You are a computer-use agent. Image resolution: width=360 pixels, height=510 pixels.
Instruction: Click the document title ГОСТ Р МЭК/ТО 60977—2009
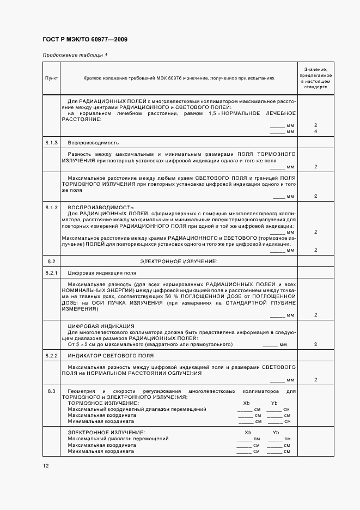[85, 40]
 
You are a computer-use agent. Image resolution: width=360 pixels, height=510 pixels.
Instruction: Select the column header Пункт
[51, 78]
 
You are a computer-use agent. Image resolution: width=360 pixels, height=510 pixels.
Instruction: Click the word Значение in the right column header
[315, 69]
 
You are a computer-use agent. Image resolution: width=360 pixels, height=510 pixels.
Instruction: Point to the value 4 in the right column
[315, 132]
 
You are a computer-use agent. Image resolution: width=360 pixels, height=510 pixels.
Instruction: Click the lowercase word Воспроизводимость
[93, 143]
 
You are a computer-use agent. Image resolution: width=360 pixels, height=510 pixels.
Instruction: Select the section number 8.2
[51, 262]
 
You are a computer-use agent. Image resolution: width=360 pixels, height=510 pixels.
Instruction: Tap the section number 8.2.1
[51, 272]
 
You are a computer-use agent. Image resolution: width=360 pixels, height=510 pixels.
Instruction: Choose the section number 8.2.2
[51, 355]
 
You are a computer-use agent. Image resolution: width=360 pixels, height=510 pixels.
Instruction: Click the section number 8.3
[51, 391]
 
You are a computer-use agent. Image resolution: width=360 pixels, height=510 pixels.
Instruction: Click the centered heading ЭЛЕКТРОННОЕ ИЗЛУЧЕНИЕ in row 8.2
[178, 262]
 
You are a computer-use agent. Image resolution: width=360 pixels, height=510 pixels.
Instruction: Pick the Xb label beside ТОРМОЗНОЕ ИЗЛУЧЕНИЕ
[247, 403]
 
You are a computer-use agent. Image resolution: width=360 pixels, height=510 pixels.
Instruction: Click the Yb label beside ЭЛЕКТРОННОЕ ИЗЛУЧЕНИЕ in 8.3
[276, 432]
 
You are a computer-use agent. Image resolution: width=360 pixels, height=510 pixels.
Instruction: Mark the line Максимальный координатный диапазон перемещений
[137, 409]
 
